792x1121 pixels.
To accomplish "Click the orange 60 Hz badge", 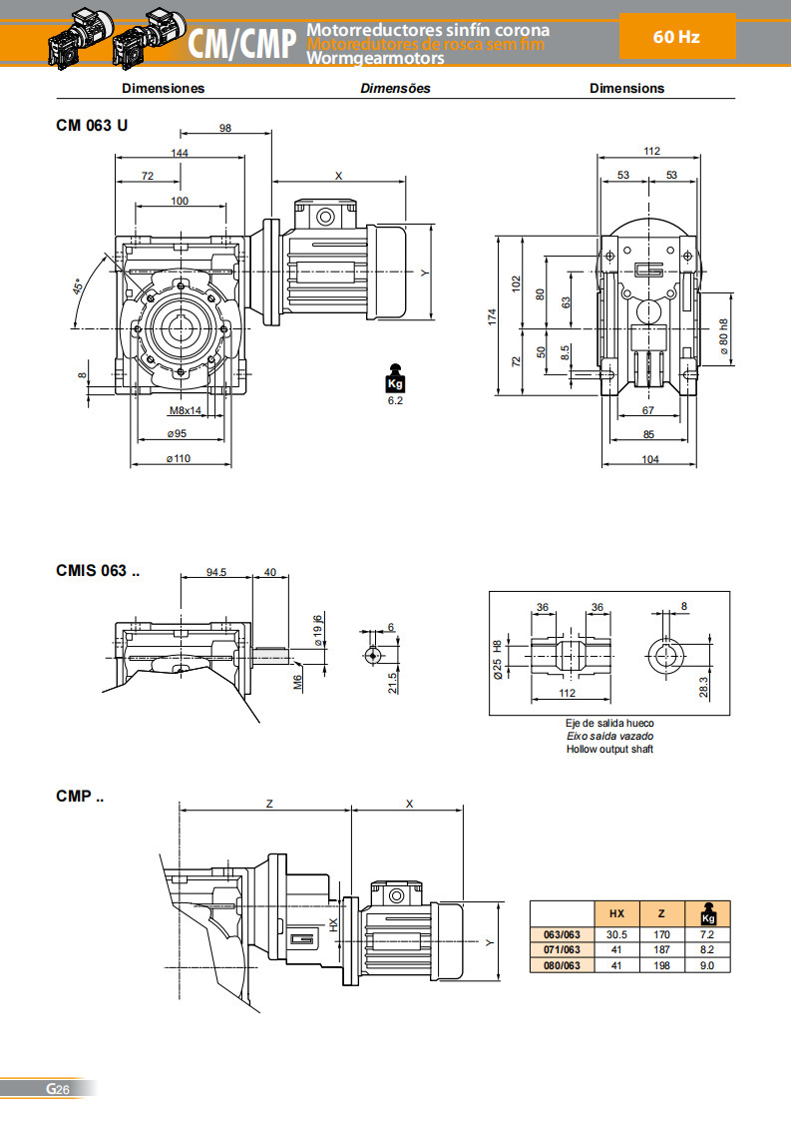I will [676, 37].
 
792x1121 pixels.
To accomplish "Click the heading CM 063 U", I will [92, 126].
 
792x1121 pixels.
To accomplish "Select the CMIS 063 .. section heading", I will [98, 571].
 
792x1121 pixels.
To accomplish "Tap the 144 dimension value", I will [180, 153].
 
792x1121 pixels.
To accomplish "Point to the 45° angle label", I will [78, 287].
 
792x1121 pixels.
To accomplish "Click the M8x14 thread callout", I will [185, 410].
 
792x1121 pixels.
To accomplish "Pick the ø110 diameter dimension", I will [180, 458].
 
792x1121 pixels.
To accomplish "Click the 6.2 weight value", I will [394, 399].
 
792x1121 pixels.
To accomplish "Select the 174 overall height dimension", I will [492, 316].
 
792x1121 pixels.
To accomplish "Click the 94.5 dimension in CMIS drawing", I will [215, 572].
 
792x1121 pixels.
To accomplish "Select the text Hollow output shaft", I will [609, 749].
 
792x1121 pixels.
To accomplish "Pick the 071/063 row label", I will [561, 949].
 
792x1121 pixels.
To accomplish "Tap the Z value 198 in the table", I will [662, 965].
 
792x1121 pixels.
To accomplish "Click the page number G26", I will [57, 1089].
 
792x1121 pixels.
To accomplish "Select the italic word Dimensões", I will [395, 88].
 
